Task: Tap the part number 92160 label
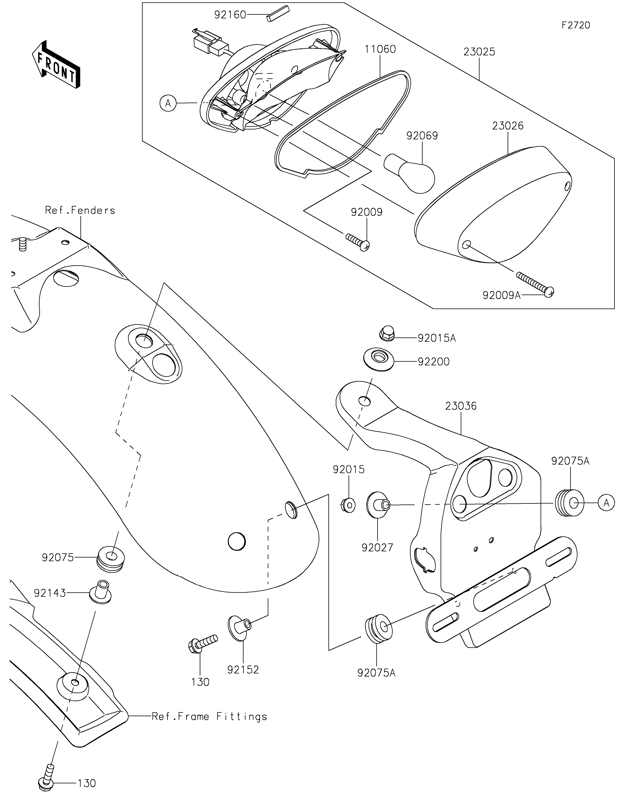pos(230,15)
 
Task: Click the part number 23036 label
pos(461,406)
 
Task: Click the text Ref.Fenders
pos(80,210)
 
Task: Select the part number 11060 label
pos(380,49)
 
